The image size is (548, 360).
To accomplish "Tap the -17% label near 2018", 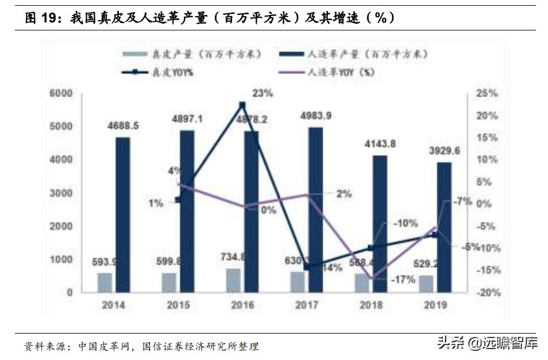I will [403, 280].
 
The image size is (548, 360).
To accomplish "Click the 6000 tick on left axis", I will [61, 94].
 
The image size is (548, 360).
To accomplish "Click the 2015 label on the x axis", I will [178, 305].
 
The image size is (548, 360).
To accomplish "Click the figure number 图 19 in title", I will [44, 18].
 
